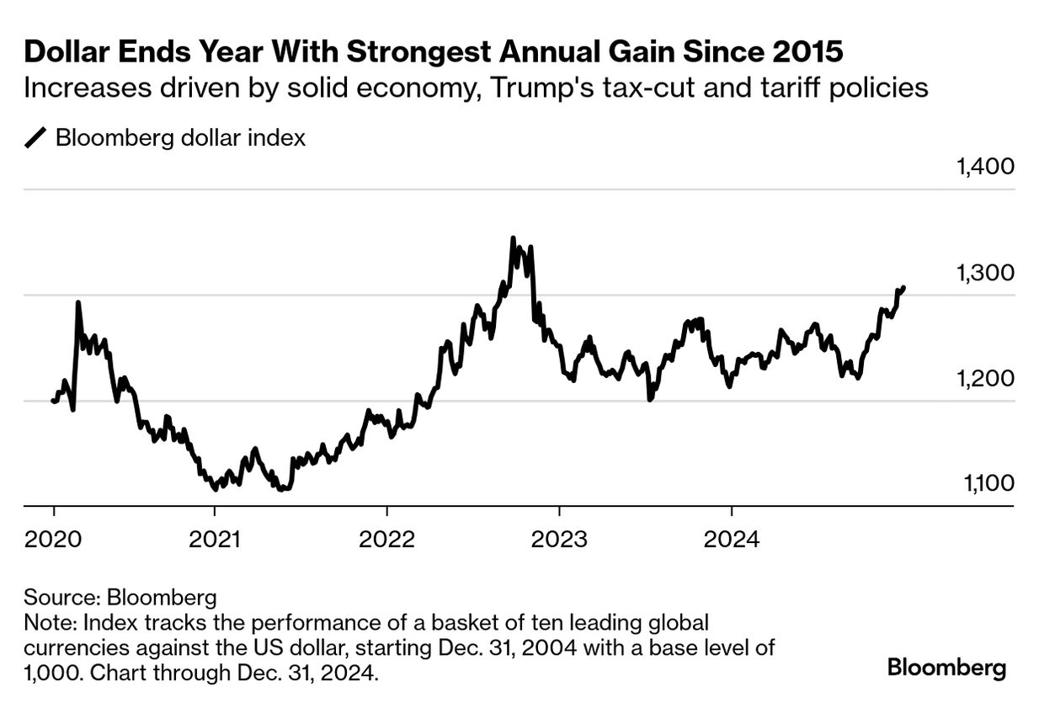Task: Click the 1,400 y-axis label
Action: [x=984, y=166]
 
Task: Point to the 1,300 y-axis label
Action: [x=984, y=273]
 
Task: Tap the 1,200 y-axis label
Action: [x=984, y=378]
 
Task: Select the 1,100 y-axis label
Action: [x=984, y=483]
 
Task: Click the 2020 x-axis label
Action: [x=54, y=538]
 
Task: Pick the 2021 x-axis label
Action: [x=215, y=538]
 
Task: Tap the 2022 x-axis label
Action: [x=386, y=538]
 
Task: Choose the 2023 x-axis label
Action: [x=559, y=538]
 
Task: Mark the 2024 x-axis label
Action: [x=732, y=538]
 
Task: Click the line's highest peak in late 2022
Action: [x=513, y=239]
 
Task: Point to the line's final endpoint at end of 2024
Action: [x=903, y=288]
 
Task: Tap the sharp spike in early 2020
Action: [x=78, y=302]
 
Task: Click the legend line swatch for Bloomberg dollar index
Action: [x=37, y=138]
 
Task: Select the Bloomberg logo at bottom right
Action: [x=946, y=669]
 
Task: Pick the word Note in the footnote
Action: [x=45, y=623]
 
